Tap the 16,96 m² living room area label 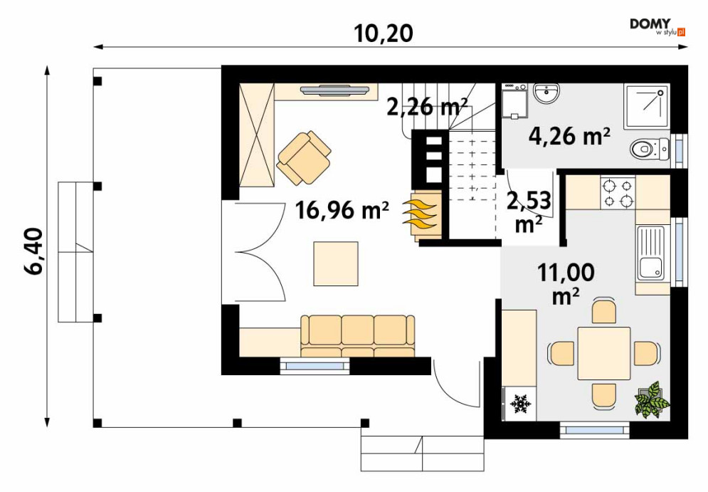[342, 210]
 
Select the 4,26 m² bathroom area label [569, 135]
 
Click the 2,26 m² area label [427, 107]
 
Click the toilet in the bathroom [650, 149]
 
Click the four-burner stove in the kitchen [618, 193]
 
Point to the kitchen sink [650, 253]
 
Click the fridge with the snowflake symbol [519, 403]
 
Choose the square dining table [604, 353]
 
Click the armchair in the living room [304, 157]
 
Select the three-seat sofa [358, 336]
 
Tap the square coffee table [336, 264]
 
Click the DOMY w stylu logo [657, 26]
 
